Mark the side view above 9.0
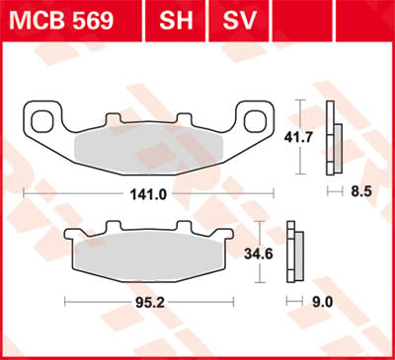coord(293,253)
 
